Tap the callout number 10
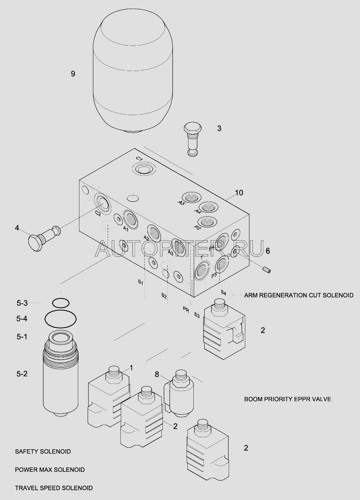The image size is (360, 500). point(239,192)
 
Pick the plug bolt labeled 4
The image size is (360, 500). point(44,238)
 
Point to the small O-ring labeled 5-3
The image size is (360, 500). point(61,303)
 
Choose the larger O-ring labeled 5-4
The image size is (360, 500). point(61,319)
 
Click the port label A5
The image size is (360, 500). point(181,203)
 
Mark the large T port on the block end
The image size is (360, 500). point(202,271)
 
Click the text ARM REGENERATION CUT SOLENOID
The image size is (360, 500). point(299,295)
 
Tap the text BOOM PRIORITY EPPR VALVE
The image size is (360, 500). point(288,399)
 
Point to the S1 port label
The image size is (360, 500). point(140,282)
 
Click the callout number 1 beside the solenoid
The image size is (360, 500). point(131,368)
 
